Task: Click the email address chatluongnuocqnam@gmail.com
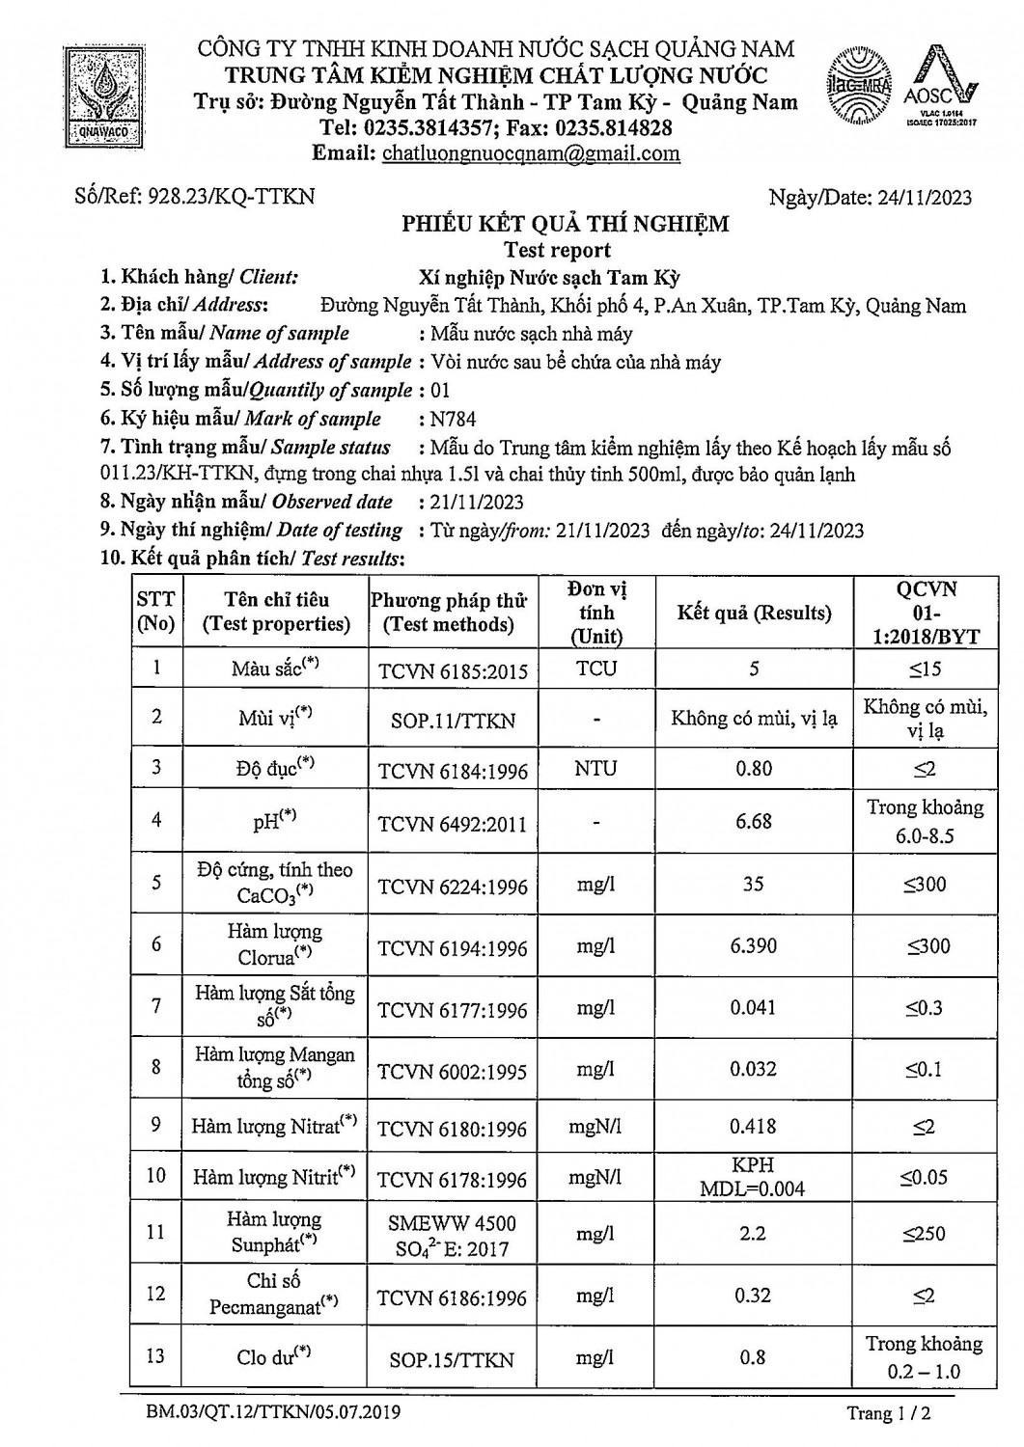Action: tap(531, 153)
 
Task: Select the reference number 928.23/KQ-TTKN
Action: tap(230, 197)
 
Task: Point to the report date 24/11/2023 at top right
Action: tap(924, 198)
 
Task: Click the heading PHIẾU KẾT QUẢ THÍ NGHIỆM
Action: tap(565, 225)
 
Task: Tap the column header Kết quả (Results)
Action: tap(753, 613)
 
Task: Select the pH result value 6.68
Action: tap(753, 821)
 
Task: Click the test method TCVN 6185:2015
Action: tap(452, 670)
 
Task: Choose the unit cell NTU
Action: tap(596, 769)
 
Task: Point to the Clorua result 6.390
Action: tap(753, 946)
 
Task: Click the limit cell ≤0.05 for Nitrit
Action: tap(924, 1177)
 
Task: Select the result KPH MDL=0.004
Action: tap(753, 1177)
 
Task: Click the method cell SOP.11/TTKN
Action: tap(452, 720)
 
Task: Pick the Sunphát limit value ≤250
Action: tap(924, 1234)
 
